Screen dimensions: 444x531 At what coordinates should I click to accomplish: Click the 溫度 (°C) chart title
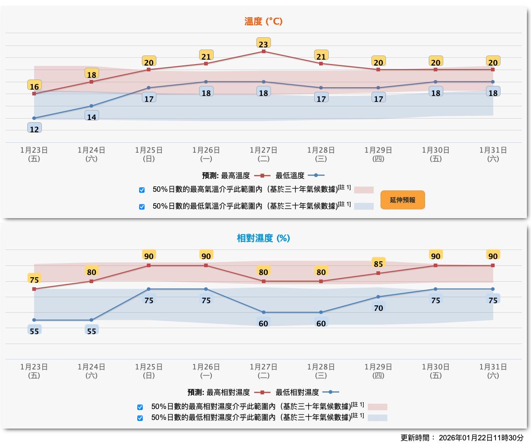[264, 21]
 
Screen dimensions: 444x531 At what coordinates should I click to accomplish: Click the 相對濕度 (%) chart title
[263, 238]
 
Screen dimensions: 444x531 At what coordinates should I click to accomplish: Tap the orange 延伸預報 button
[402, 200]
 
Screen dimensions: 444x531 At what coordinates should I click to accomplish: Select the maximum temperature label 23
[263, 44]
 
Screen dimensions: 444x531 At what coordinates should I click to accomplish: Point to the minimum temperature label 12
[34, 129]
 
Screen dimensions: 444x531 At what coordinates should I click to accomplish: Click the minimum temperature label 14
[91, 117]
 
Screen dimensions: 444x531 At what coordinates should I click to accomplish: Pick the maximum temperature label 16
[34, 86]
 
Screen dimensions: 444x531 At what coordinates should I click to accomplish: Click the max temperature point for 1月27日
[263, 51]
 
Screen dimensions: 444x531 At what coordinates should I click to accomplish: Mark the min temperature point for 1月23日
[34, 118]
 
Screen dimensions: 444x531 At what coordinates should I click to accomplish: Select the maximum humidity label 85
[378, 264]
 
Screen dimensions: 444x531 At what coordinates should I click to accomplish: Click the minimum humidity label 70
[378, 308]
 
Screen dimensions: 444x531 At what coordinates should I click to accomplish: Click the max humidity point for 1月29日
[378, 273]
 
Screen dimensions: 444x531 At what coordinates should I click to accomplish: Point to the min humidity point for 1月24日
[91, 320]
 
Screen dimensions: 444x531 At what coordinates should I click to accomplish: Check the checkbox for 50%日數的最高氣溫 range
[142, 190]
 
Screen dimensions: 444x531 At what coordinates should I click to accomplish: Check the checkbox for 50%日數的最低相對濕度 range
[140, 418]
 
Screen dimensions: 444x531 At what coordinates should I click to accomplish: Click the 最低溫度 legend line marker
[316, 175]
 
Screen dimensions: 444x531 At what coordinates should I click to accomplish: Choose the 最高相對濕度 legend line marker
[262, 392]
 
